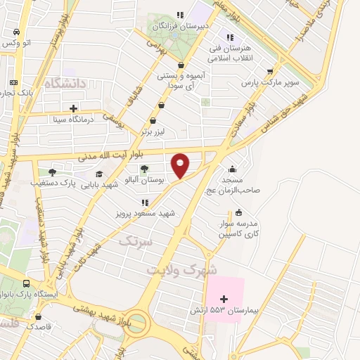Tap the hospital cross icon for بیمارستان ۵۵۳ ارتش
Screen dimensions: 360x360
pos(224,300)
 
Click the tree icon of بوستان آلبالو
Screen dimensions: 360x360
pos(144,169)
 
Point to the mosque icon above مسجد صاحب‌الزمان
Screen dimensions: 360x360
pos(233,169)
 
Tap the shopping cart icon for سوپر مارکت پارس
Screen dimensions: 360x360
pos(270,71)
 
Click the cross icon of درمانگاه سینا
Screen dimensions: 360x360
pos(73,108)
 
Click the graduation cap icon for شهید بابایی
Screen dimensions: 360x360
pos(99,174)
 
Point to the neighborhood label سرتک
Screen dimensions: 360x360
pos(134,241)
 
